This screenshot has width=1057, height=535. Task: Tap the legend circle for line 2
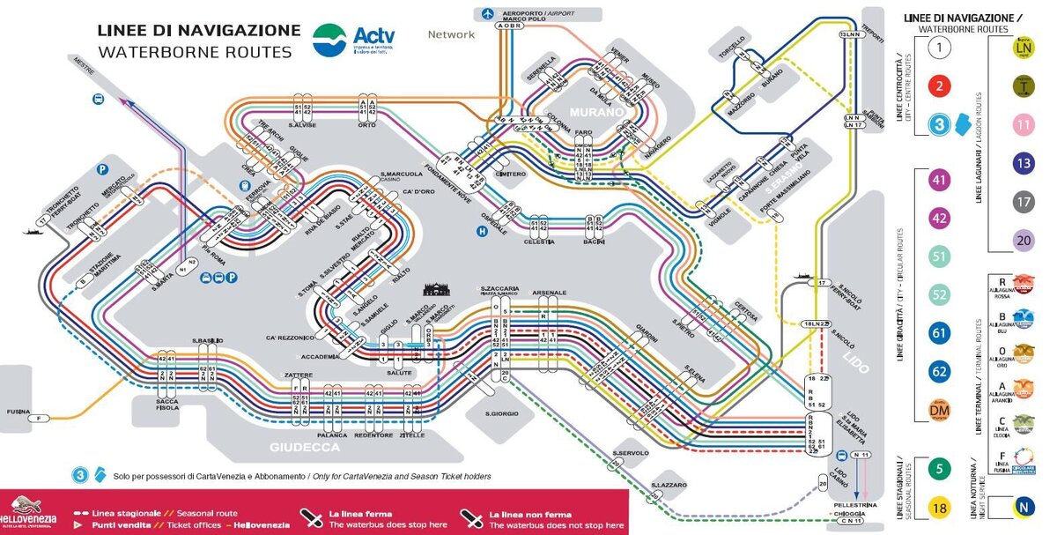pos(940,85)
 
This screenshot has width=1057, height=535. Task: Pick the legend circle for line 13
pos(1023,163)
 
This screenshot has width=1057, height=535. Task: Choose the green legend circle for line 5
pos(940,469)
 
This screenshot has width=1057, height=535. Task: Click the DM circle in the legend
pos(940,411)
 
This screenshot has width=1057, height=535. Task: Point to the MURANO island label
pos(595,113)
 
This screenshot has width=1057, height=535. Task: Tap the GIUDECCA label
pos(305,447)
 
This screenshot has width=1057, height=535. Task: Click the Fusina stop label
pos(15,412)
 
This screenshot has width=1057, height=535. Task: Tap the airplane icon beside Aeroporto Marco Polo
pos(487,13)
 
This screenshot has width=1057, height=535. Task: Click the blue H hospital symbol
pos(482,232)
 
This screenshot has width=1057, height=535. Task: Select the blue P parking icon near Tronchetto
pos(103,168)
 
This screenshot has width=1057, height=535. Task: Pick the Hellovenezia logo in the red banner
pos(28,513)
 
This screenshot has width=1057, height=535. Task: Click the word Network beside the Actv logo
pos(451,35)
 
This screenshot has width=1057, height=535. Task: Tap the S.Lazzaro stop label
pos(669,486)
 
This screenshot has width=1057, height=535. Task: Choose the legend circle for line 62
pos(940,372)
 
